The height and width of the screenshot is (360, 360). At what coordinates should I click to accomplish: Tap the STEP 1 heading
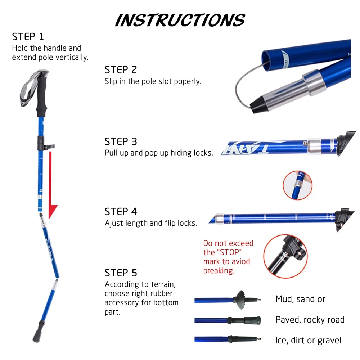pos(28,37)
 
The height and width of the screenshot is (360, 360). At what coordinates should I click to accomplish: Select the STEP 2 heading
pos(121,70)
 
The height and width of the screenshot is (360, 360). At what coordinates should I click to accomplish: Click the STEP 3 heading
pos(121,141)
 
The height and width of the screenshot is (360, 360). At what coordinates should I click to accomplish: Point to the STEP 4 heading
pos(121,211)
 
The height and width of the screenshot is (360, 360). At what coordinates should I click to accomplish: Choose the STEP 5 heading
pos(121,273)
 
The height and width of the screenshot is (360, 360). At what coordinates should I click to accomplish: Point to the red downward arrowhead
pos(53,211)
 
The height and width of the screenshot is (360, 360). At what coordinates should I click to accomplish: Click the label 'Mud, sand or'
pos(300,299)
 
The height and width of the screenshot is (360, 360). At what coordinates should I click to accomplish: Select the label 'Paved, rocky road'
pos(310,320)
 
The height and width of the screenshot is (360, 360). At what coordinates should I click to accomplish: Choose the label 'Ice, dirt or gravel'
pos(308,340)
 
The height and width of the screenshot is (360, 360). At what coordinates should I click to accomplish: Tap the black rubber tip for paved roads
pos(252,320)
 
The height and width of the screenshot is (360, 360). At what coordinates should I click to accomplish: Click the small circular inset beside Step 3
pos(297,185)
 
